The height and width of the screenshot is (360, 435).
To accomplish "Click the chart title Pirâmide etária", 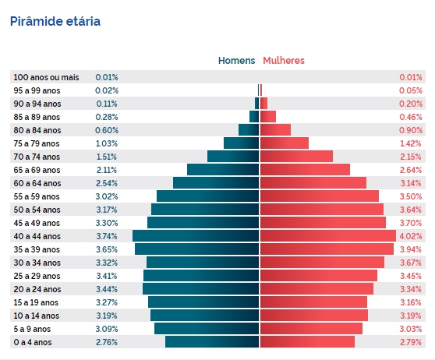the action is click(55, 21).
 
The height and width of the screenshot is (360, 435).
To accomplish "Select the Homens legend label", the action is click(237, 61).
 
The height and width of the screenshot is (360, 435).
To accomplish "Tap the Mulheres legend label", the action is click(284, 61).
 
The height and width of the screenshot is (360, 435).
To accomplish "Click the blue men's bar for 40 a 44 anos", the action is click(196, 236).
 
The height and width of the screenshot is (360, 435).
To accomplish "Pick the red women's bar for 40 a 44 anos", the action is click(328, 236).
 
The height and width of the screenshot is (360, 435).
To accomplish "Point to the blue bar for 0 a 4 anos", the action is click(212, 342).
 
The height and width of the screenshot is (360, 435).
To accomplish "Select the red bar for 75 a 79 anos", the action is click(285, 143).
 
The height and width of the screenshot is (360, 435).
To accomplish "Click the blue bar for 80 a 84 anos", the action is click(249, 130).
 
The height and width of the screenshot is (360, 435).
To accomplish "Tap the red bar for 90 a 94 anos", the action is click(263, 104).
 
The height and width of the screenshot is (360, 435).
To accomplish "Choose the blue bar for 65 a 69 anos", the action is click(223, 170).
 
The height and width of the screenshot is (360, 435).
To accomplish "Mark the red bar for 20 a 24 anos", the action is click(317, 289).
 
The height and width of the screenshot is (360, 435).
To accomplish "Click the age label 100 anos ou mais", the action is click(46, 77).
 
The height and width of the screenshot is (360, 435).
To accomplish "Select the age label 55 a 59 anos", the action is click(37, 196).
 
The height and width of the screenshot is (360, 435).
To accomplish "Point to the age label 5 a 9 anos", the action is click(32, 329).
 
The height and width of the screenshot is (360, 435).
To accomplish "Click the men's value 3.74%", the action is click(107, 236).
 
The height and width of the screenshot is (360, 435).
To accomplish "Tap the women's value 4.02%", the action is click(411, 236).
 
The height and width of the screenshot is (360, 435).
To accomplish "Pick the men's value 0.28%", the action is click(107, 117).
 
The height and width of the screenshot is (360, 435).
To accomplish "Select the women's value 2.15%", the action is click(411, 157).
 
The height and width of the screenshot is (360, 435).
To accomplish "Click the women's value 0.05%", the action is click(411, 90).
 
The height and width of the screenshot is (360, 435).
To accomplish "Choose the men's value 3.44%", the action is click(107, 289).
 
